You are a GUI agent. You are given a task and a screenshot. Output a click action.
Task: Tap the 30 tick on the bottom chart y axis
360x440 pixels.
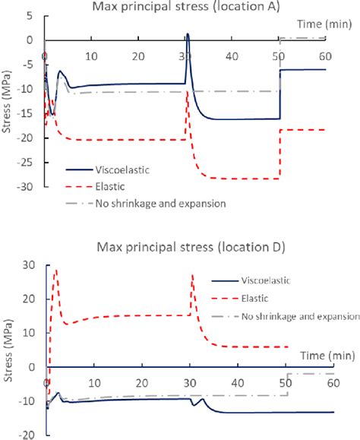pyautogui.click(x=32, y=264)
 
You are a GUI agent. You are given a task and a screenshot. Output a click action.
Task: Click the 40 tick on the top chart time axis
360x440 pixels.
pyautogui.click(x=234, y=56)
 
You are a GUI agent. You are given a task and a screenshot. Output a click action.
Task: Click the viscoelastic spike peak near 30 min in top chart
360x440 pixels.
pyautogui.click(x=188, y=34)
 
